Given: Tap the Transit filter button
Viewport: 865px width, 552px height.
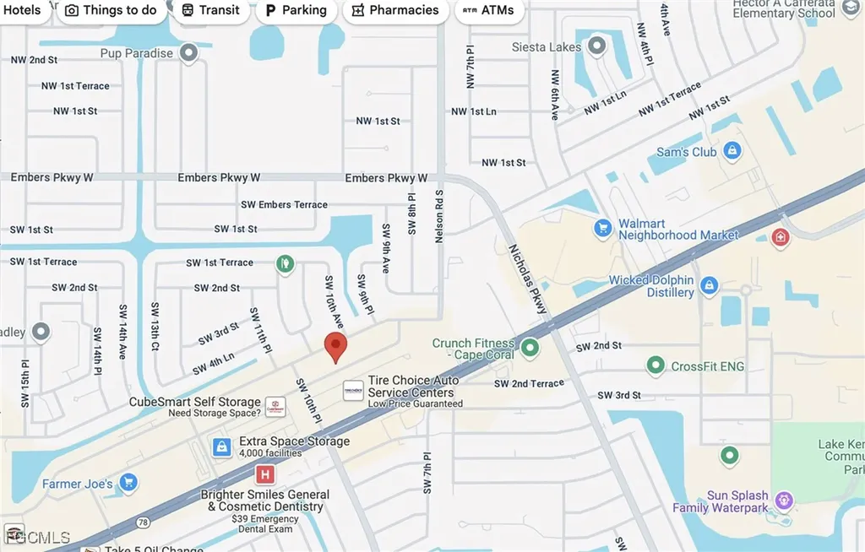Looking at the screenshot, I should (211, 10).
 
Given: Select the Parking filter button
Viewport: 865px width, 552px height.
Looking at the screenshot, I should (296, 10).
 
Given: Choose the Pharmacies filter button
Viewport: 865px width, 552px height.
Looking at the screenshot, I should (395, 10).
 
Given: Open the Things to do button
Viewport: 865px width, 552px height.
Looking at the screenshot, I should (111, 10).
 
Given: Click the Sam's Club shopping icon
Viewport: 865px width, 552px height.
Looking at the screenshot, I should (732, 152).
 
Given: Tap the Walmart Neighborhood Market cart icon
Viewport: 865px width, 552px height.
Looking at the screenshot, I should (602, 228).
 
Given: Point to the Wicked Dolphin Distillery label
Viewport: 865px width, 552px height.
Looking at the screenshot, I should (651, 286).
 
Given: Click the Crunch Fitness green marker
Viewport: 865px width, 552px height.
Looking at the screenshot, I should (530, 346).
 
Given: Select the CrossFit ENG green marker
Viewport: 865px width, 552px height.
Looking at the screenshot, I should (656, 365).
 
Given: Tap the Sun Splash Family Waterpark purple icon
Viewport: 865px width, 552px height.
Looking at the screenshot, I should (785, 501).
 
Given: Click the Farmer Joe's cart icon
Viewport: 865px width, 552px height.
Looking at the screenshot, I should (128, 483).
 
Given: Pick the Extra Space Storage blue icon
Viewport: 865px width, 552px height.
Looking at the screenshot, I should (221, 446).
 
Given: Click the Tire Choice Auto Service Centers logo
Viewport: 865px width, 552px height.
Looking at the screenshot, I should (353, 391).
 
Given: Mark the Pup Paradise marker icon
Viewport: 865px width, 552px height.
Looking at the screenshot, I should (189, 54).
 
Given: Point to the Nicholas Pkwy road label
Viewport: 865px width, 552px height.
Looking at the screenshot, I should (529, 279).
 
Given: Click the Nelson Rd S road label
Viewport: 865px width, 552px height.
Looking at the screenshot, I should (439, 216).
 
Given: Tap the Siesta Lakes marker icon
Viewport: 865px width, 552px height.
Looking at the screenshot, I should (598, 46).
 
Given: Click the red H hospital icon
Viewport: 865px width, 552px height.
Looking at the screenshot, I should (265, 475).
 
